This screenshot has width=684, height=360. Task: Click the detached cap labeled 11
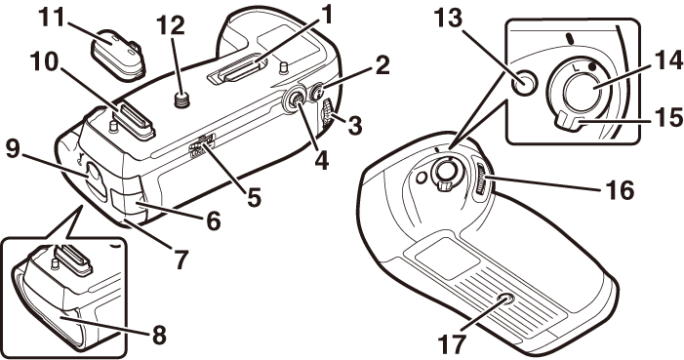pyautogui.click(x=118, y=55)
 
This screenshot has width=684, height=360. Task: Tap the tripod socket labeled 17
pyautogui.click(x=506, y=300)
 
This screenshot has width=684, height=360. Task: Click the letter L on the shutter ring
pyautogui.click(x=575, y=67)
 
